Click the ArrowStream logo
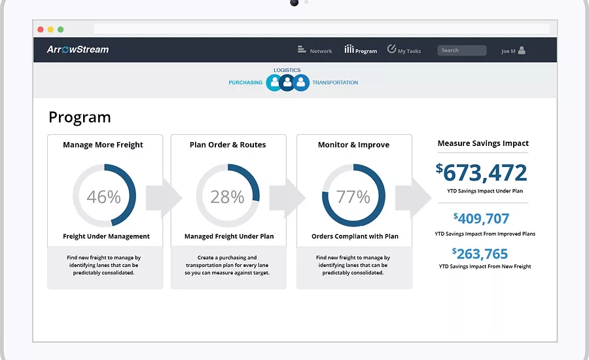78,50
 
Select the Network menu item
315,50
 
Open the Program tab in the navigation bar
361,50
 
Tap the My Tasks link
404,50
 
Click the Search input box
461,50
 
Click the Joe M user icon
522,50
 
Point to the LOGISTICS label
287,70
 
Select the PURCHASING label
245,82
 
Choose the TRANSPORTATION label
335,82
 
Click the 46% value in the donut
103,197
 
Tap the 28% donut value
227,197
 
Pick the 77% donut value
353,197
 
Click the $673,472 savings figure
482,173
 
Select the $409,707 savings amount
481,219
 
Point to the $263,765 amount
480,254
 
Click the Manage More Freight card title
103,145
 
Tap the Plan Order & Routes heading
228,145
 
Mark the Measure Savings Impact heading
483,143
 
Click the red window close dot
41,29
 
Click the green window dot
60,29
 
